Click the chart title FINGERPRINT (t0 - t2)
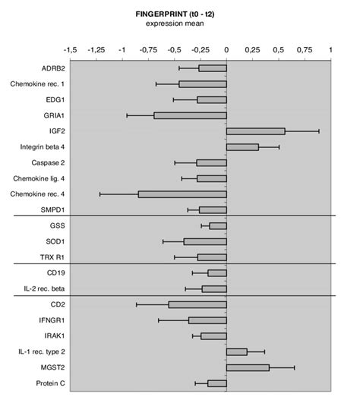(201, 14)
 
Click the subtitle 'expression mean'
(201, 24)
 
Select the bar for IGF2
(255, 131)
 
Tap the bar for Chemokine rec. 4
(182, 194)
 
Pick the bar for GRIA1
(190, 115)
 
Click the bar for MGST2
(248, 367)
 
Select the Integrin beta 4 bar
(242, 147)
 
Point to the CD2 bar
(197, 304)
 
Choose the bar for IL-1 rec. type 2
(236, 351)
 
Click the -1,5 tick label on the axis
(70, 49)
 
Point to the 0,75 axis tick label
(305, 49)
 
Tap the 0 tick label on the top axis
(226, 49)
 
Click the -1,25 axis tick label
(96, 49)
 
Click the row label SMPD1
(50, 210)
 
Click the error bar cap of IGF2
(318, 131)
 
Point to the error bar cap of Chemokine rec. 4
(99, 194)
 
